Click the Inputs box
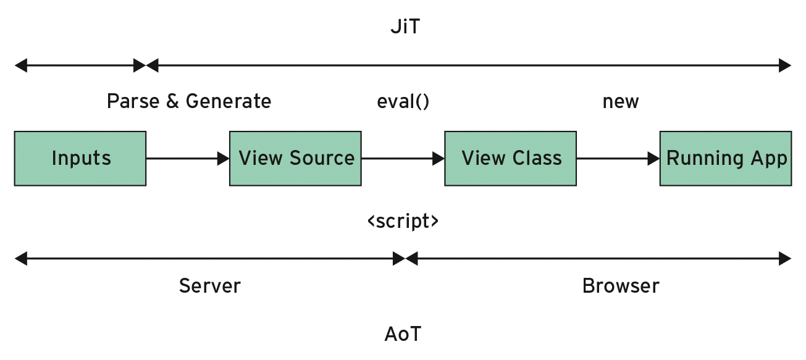[x=80, y=158]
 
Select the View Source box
[x=295, y=158]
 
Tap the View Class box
[x=511, y=158]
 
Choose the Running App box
[x=726, y=158]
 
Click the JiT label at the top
[x=405, y=28]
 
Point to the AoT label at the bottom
[x=403, y=334]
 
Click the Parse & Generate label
[x=188, y=101]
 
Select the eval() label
[x=403, y=101]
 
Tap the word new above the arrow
[x=620, y=101]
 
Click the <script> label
[x=403, y=221]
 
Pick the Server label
[x=209, y=286]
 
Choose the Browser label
[x=620, y=286]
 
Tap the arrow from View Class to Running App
[x=618, y=159]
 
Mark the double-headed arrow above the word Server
[x=209, y=259]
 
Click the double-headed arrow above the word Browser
[x=598, y=259]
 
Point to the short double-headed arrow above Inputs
[x=80, y=65]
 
